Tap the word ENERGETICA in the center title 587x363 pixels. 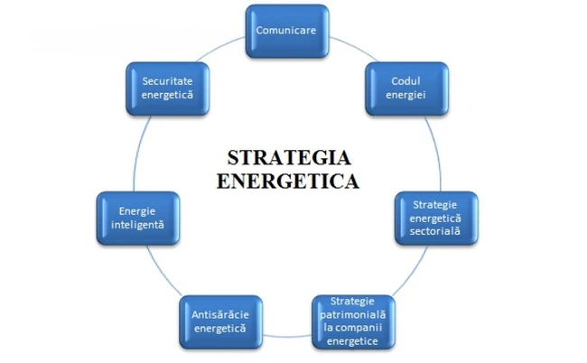click(288, 179)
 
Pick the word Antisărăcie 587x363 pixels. click(219, 312)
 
